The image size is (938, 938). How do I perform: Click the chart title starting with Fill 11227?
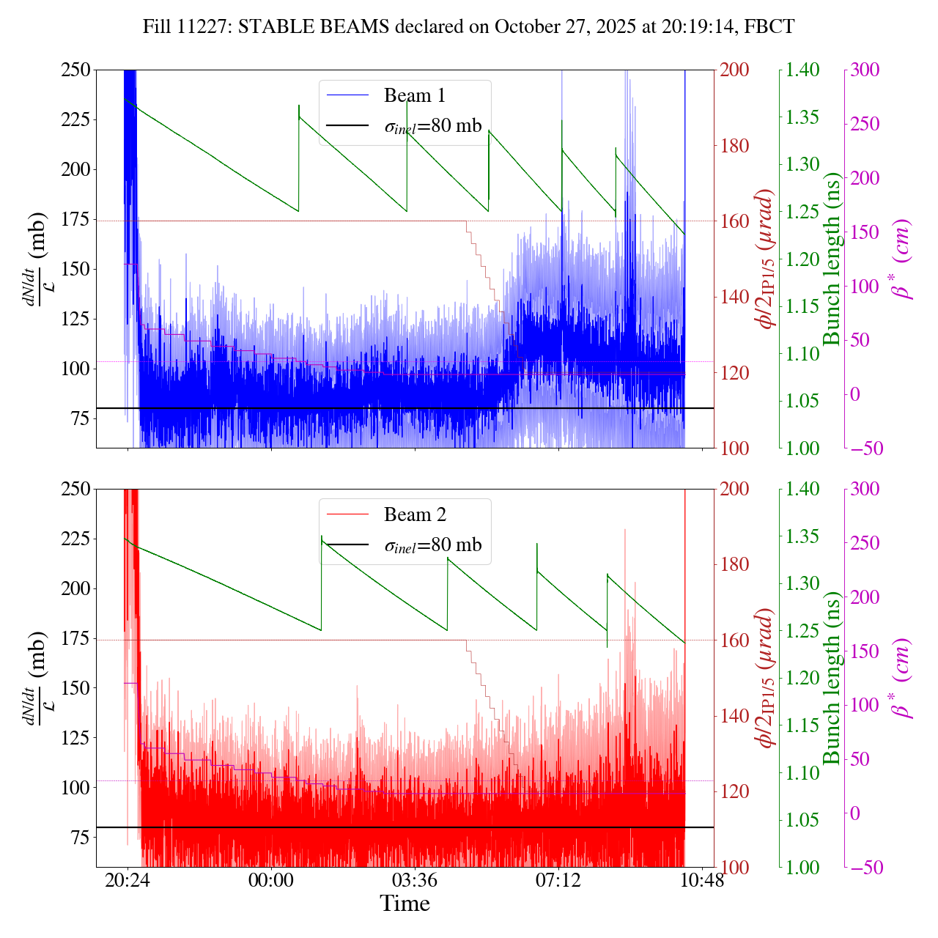[x=469, y=27]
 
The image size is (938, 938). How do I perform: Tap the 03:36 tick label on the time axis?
[x=415, y=880]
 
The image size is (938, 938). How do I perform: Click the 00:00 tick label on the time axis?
[x=271, y=880]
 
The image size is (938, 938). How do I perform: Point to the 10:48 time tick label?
[x=702, y=880]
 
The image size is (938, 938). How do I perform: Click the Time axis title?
[x=405, y=904]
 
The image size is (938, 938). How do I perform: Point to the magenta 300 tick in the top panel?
[x=866, y=70]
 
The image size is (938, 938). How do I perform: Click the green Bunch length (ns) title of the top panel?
[x=832, y=259]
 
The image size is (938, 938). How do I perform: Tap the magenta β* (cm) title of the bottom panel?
[x=901, y=678]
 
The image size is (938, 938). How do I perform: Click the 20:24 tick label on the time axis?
[x=128, y=880]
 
